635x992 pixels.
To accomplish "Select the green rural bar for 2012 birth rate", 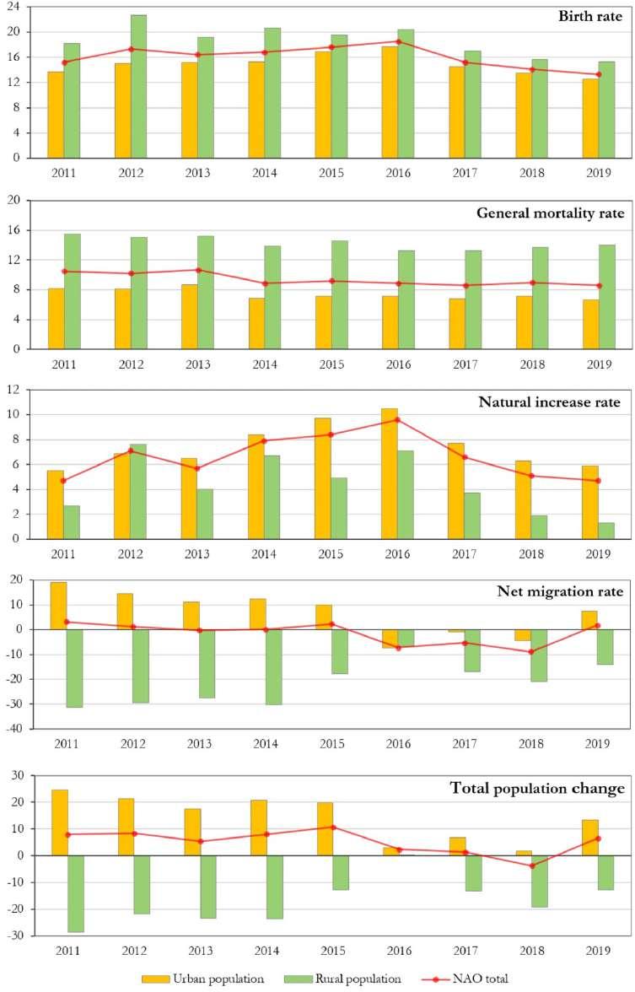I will coord(138,86).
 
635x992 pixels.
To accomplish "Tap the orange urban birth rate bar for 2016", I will coord(390,102).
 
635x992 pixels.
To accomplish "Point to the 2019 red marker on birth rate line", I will coord(598,74).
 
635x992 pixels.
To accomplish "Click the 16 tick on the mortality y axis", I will coord(15,230).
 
